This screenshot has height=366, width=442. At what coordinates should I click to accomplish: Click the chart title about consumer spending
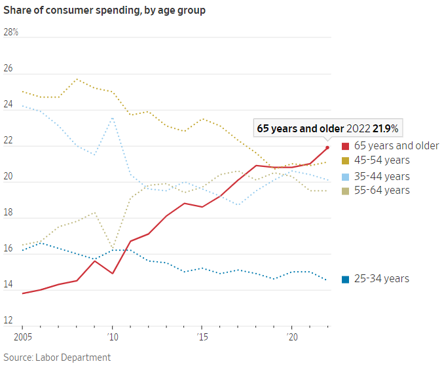(104, 11)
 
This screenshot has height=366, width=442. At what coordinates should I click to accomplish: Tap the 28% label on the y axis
(11, 32)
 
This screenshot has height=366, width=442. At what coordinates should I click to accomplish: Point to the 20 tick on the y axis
(8, 181)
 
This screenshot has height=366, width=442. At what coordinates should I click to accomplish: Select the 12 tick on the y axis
(8, 321)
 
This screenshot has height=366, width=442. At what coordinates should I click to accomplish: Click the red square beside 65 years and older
(345, 146)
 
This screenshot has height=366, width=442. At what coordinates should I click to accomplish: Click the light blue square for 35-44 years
(345, 177)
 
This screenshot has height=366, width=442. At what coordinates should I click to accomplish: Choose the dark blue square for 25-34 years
(345, 279)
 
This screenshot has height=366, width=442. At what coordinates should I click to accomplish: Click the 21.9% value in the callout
(385, 128)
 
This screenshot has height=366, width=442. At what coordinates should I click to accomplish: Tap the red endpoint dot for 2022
(327, 147)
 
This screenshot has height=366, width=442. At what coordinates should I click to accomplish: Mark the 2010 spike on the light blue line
(113, 118)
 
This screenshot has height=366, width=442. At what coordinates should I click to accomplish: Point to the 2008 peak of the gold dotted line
(77, 79)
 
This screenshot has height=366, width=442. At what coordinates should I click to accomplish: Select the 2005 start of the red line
(23, 293)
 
